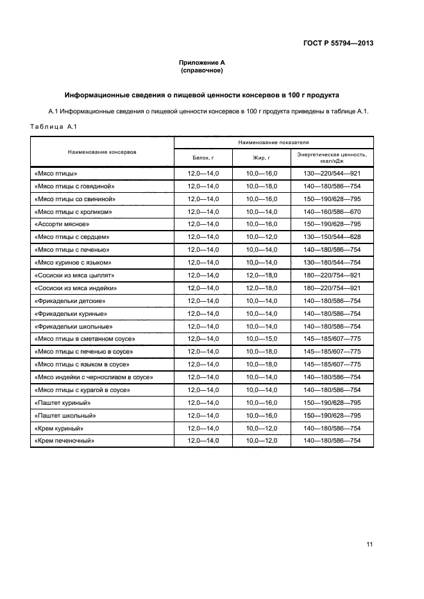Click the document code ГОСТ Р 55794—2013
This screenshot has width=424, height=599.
[338, 44]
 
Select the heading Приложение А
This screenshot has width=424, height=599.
[201, 62]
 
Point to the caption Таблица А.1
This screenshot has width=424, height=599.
[53, 127]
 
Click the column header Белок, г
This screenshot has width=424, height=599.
[203, 157]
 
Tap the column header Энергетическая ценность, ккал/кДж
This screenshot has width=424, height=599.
[332, 158]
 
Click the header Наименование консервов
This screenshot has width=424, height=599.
[103, 152]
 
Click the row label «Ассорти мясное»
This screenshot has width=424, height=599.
[61, 224]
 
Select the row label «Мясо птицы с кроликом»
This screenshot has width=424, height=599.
[73, 211]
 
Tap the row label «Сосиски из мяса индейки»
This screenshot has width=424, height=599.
[74, 288]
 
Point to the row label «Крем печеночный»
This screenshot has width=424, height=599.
[64, 441]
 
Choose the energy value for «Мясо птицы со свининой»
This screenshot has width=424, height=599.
[332, 199]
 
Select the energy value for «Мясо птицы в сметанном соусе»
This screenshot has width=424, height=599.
[332, 339]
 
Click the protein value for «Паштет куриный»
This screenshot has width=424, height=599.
[203, 402]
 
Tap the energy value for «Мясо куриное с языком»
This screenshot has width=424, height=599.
[332, 263]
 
